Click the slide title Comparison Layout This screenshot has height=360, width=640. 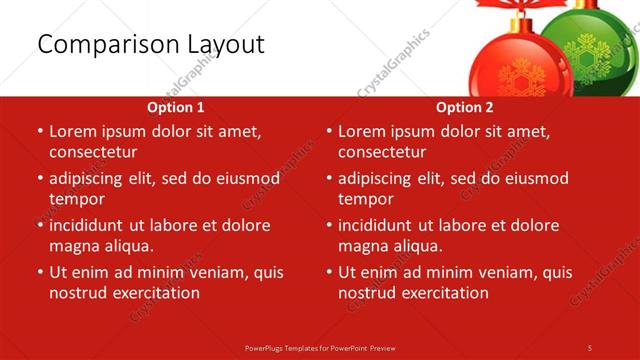click(x=150, y=45)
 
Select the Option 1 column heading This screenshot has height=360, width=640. click(x=176, y=107)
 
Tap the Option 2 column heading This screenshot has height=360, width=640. click(x=465, y=107)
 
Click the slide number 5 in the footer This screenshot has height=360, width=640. click(x=590, y=347)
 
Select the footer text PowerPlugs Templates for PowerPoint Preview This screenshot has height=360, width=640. click(x=319, y=347)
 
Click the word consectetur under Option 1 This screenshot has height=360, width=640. click(x=93, y=152)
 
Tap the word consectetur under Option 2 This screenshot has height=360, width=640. click(x=382, y=152)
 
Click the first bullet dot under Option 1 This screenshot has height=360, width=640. click(x=40, y=132)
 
